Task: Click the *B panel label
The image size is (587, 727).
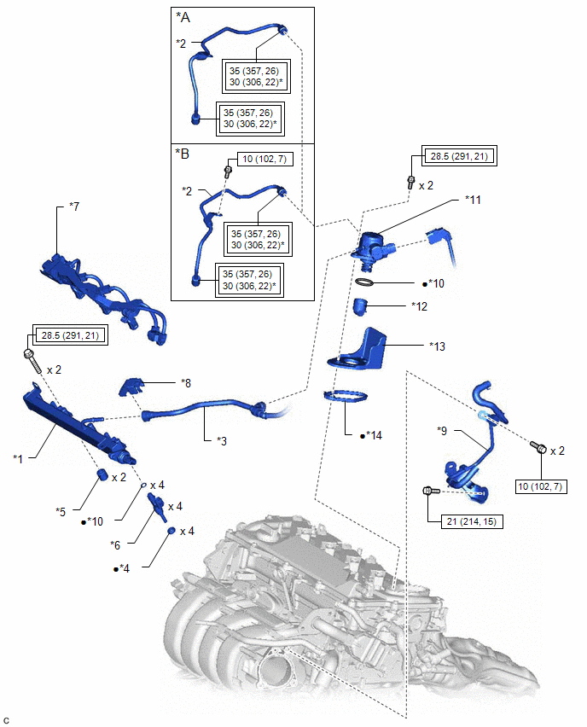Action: (x=183, y=154)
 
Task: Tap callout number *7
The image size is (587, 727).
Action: (x=74, y=207)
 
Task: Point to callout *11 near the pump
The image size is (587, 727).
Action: (x=474, y=200)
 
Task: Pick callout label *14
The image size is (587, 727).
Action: (x=372, y=435)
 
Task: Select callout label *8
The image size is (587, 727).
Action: (x=186, y=383)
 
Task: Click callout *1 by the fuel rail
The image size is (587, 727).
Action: (x=18, y=458)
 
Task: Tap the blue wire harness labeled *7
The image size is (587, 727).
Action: (x=102, y=289)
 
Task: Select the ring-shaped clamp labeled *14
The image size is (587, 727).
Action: (x=345, y=396)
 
